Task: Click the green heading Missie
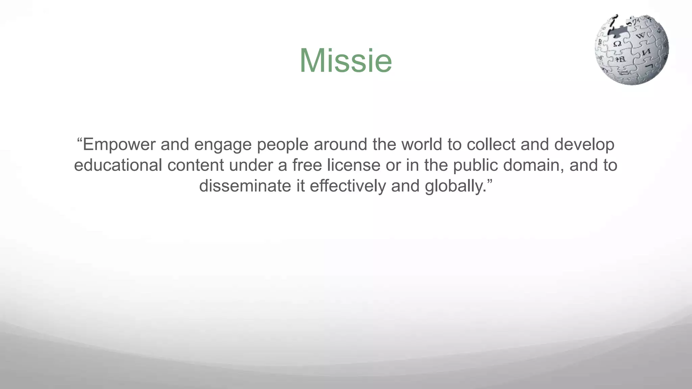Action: pos(346,61)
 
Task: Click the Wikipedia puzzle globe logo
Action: pos(632,50)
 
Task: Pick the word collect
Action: pos(491,145)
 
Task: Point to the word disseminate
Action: pos(245,186)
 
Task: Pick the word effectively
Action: pos(348,186)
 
